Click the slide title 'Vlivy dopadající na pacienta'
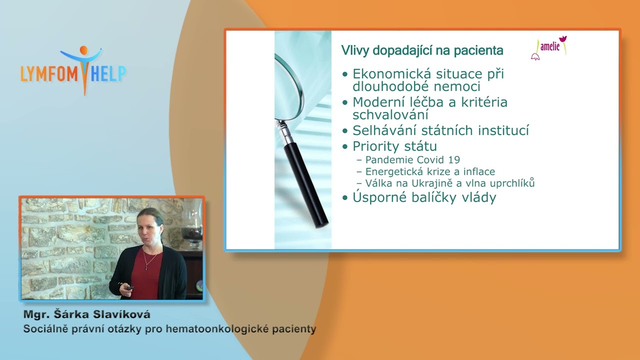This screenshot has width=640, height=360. click(422, 50)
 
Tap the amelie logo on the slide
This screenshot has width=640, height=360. click(549, 47)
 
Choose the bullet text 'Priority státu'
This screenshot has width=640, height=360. click(394, 146)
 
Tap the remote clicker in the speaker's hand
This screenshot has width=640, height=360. click(129, 288)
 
